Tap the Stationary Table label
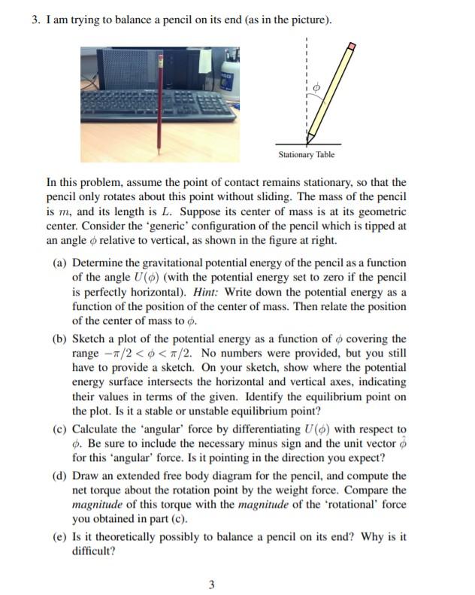coord(306,155)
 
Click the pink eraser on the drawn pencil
coord(349,47)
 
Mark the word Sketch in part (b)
coord(89,339)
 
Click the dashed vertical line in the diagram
coord(307,68)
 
